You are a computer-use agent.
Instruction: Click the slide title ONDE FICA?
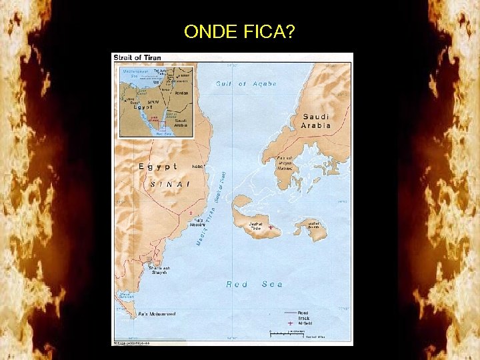point(240,31)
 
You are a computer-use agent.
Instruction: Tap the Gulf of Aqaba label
point(246,84)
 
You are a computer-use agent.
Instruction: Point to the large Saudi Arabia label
point(315,121)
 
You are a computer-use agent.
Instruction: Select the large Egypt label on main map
point(158,166)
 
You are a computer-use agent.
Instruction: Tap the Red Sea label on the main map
point(254,284)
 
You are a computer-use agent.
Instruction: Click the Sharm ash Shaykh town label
point(159,270)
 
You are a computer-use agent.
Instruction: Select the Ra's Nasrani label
point(198,223)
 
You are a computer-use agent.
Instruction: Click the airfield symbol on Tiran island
point(271,227)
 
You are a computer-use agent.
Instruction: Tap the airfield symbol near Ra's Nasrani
point(191,213)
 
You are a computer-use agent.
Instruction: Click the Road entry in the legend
point(303,313)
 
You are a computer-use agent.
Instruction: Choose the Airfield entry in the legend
point(303,323)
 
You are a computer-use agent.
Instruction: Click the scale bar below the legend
point(287,331)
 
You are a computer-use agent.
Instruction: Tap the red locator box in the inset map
point(161,126)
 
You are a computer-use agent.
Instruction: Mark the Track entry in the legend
point(303,318)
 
